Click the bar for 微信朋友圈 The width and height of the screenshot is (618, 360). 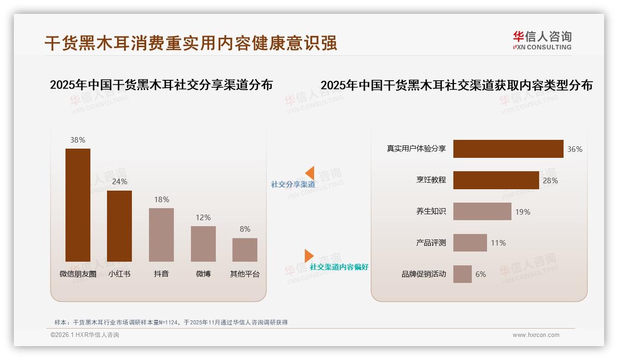[78, 205]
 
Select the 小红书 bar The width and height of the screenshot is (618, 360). [119, 226]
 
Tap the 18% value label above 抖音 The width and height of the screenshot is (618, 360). [161, 199]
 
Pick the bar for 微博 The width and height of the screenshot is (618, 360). [203, 244]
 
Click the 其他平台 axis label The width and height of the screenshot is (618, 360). [245, 274]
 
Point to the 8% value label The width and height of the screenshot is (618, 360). [245, 229]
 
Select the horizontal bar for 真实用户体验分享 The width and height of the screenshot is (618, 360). [508, 149]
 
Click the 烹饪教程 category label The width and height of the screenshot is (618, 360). [431, 180]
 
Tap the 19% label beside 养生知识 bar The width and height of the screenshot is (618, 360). [523, 212]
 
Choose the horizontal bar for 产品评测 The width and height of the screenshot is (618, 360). [470, 243]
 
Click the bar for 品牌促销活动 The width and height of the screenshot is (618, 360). [463, 274]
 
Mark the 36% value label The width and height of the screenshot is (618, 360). [575, 149]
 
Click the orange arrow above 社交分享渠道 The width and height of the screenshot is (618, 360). [310, 173]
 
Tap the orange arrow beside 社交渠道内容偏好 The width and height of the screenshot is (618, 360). [309, 256]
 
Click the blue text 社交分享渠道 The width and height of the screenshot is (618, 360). [293, 185]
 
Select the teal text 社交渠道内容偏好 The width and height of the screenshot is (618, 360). [339, 267]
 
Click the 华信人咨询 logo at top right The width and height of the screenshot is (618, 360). [542, 41]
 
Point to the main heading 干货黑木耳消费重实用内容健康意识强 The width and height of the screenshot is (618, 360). [191, 43]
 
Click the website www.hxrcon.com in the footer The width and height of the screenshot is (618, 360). [536, 335]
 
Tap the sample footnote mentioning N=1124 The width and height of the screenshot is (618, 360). [171, 323]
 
